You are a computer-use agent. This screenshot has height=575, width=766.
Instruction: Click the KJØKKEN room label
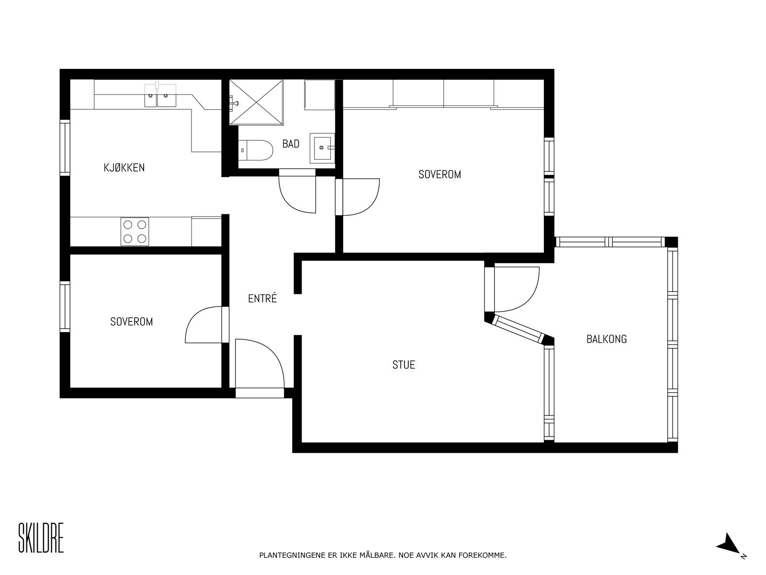point(124,168)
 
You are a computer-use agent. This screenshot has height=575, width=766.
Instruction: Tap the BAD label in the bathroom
point(291,143)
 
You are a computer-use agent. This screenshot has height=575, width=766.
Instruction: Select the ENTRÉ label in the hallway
point(262,298)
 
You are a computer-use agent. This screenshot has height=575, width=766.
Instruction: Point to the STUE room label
point(404,365)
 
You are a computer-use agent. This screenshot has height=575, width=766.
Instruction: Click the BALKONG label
point(607,339)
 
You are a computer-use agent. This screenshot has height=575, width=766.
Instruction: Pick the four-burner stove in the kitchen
point(135,231)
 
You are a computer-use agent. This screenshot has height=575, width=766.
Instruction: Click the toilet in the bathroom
point(256,150)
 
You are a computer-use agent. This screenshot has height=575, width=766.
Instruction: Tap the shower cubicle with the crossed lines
point(256,102)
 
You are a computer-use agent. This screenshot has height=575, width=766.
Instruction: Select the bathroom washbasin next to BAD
point(323,148)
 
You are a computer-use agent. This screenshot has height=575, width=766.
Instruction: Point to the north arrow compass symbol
point(729,552)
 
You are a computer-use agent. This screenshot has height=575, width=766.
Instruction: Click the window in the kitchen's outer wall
point(65,148)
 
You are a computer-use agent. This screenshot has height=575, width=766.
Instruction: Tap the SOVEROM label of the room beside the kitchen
point(132,322)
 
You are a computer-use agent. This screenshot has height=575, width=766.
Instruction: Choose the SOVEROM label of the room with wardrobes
point(439,174)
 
